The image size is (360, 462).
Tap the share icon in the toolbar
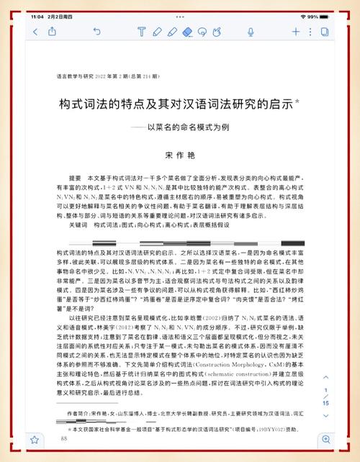[x=53, y=31]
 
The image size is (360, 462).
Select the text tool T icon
[x=140, y=31]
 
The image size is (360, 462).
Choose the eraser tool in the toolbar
[x=188, y=31]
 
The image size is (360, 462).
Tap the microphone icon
[x=251, y=31]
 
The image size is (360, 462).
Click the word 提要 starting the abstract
[x=76, y=178]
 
